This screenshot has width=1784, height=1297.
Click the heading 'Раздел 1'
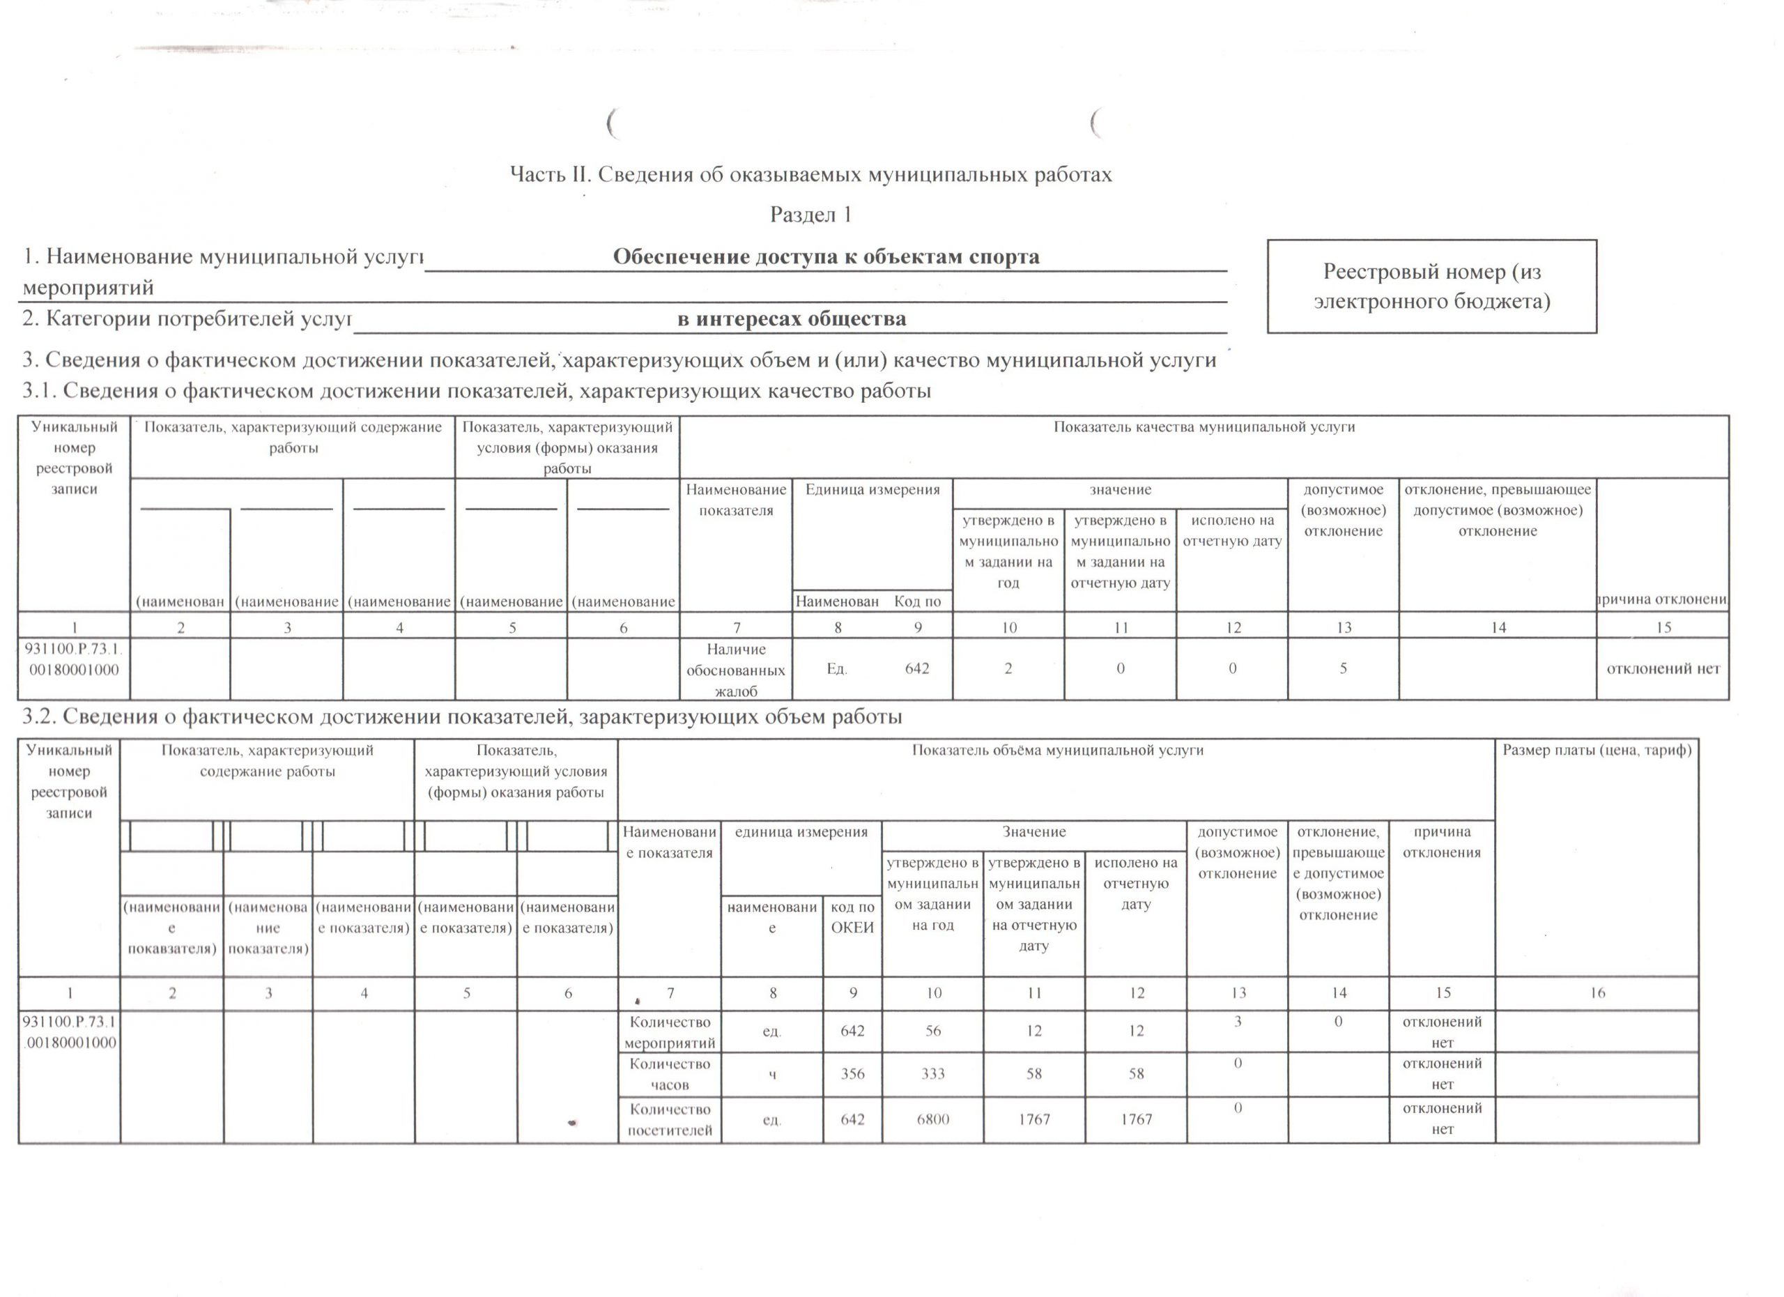pos(811,215)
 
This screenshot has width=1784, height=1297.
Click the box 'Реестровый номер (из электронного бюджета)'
pos(1431,286)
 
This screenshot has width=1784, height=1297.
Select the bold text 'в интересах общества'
pos(792,319)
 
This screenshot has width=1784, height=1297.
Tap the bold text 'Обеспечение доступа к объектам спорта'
pos(826,256)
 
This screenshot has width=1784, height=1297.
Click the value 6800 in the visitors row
pos(933,1119)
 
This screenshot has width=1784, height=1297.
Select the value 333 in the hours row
pos(933,1073)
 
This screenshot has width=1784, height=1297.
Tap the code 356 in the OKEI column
pos(853,1073)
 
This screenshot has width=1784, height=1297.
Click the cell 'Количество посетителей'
pos(670,1119)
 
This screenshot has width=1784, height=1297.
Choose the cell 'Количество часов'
pos(670,1073)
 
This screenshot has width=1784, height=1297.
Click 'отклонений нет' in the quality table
pos(1663,668)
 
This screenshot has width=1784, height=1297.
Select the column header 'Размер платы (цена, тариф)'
pos(1597,751)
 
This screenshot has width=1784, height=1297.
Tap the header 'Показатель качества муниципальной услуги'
pos(1204,427)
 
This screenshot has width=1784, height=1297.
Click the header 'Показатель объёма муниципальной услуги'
pos(1057,751)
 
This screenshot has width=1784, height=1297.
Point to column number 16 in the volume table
pos(1597,992)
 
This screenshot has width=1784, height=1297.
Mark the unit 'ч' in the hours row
pos(772,1073)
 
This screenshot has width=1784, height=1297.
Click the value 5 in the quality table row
pos(1344,668)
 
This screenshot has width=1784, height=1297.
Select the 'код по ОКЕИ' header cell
pos(853,917)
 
